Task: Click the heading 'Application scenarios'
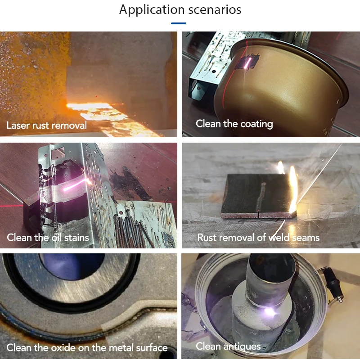(180, 9)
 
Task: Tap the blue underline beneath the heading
(179, 23)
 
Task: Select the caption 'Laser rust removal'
(46, 125)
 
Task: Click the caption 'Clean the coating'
(234, 123)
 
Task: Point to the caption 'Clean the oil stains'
(48, 237)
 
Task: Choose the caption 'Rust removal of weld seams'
(258, 237)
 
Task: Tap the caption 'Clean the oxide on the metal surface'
(87, 347)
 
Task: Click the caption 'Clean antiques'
(228, 346)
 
